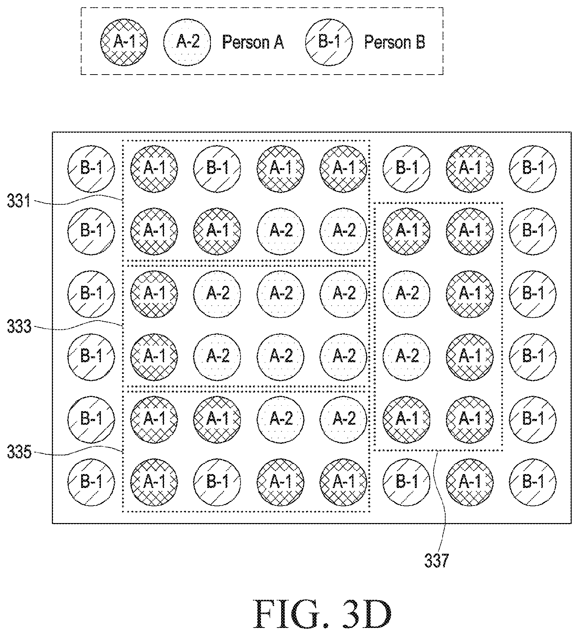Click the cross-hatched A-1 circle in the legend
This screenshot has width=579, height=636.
(x=124, y=42)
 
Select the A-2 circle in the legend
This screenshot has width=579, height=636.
(x=188, y=42)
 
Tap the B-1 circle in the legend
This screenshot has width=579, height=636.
(x=329, y=42)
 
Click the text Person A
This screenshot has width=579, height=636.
(x=253, y=42)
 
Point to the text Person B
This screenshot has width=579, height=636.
(x=395, y=42)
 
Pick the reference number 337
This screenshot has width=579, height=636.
(x=436, y=561)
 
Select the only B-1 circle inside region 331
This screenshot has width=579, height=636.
(x=217, y=169)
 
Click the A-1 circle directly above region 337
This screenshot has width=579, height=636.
(x=470, y=169)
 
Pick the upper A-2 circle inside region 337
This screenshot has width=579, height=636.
(x=406, y=294)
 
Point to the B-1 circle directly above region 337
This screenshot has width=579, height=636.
(x=406, y=169)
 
